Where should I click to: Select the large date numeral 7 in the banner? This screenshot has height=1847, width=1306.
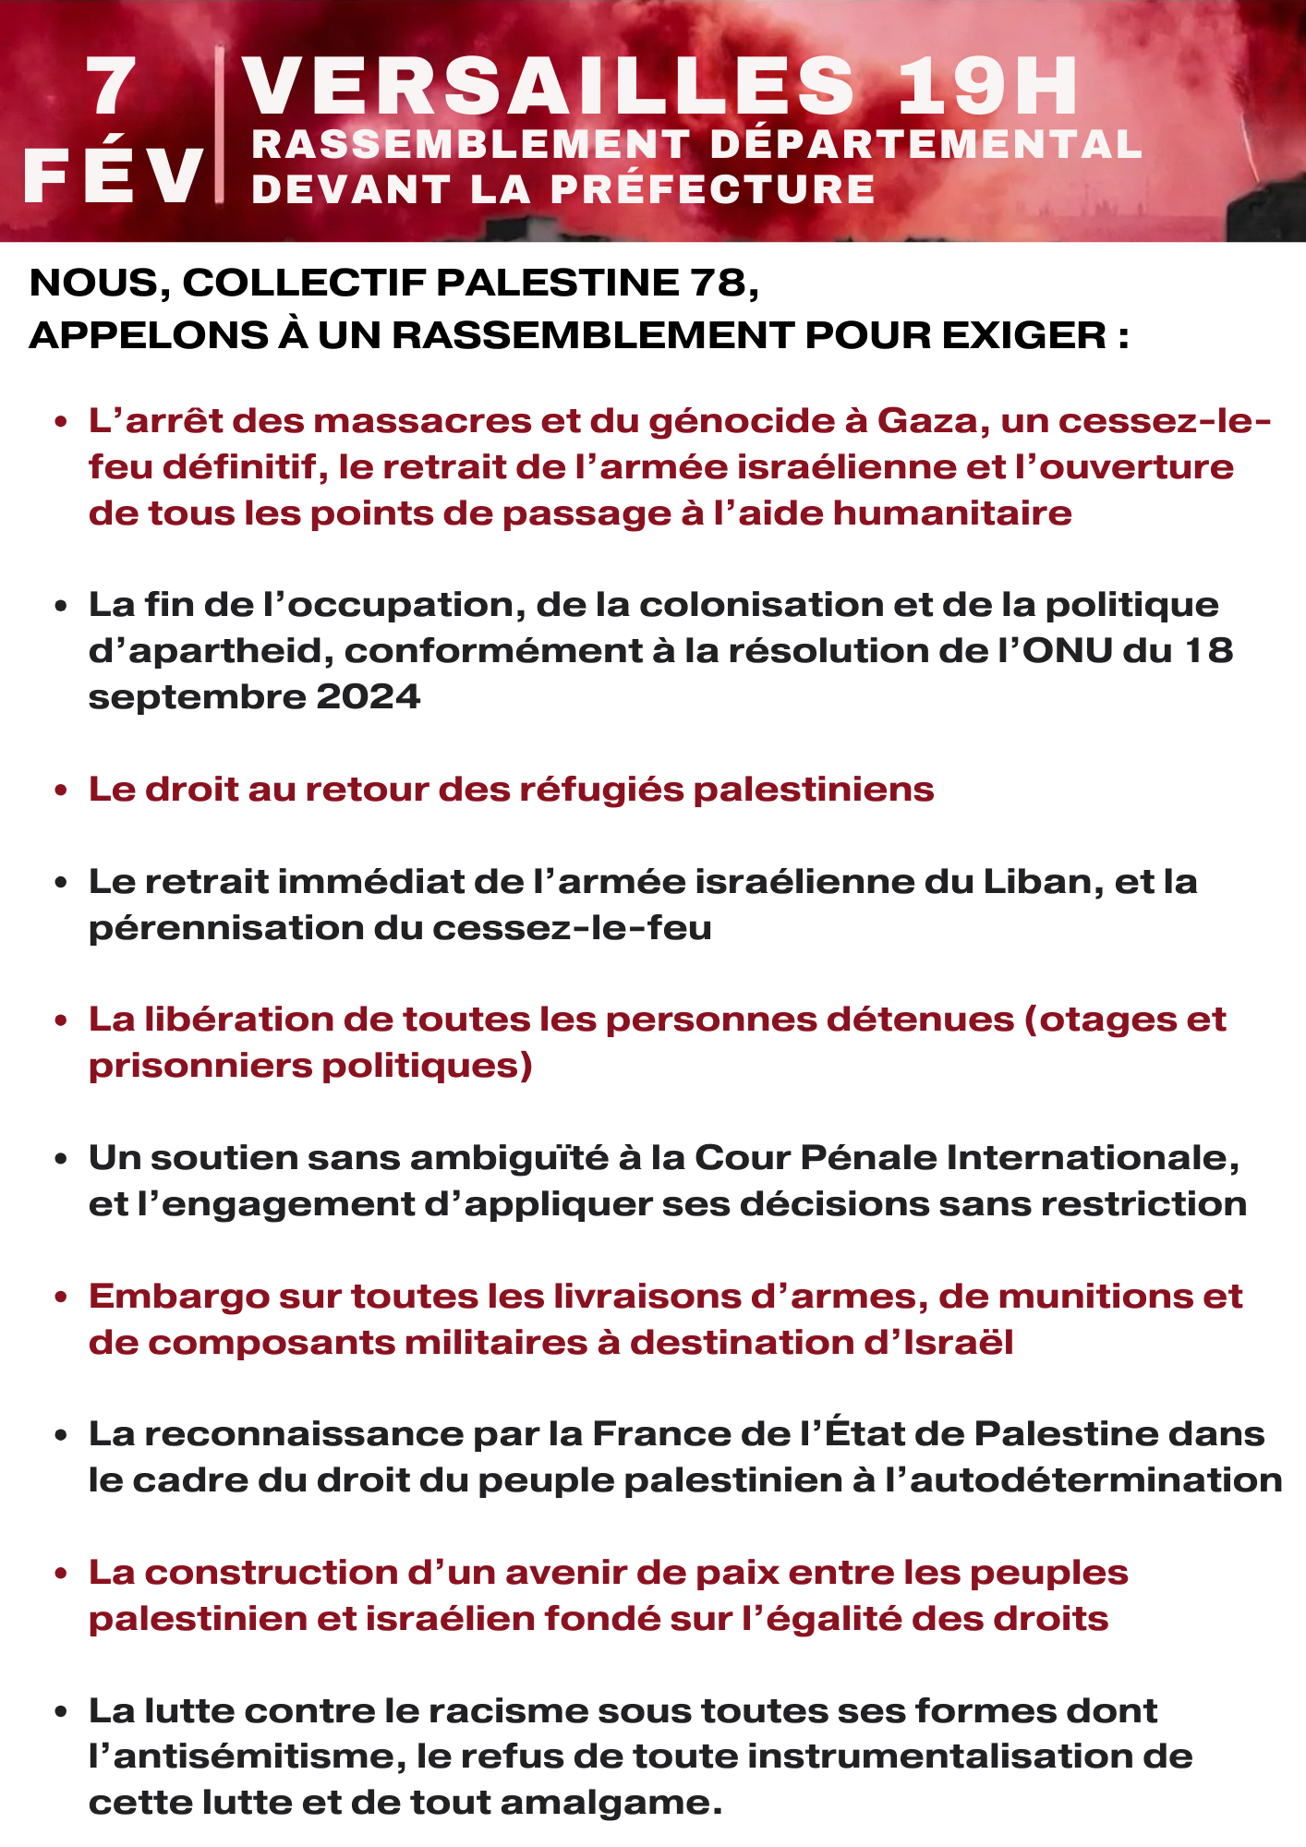tap(112, 88)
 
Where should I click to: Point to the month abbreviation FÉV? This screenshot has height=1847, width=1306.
tap(113, 175)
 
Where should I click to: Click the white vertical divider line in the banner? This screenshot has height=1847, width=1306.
tap(219, 125)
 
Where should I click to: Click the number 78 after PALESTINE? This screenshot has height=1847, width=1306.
tap(718, 283)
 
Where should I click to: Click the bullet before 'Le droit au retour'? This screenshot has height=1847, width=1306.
tap(61, 791)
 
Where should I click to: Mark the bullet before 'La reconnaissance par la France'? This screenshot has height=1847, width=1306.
tap(61, 1435)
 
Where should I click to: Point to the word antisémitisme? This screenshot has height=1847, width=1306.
tap(245, 1756)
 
